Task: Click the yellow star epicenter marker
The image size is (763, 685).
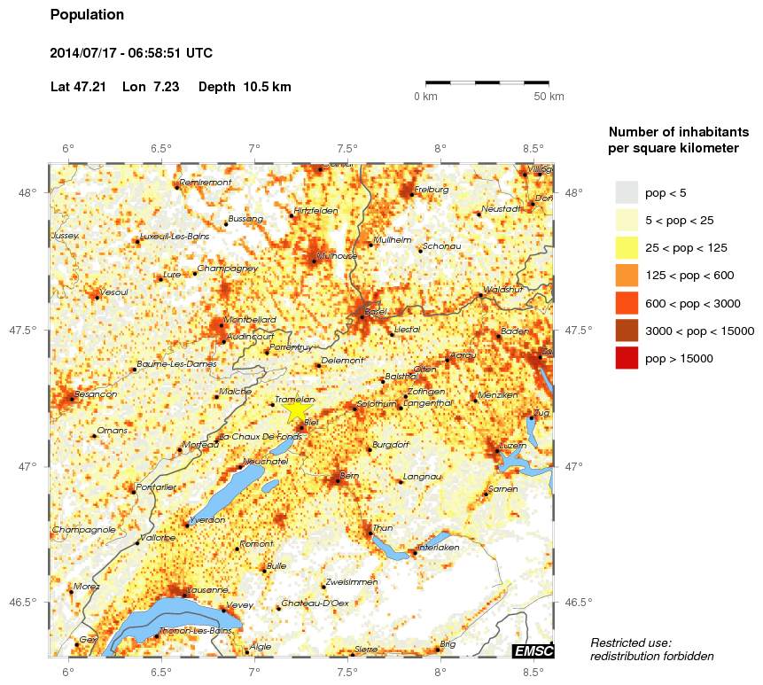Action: pyautogui.click(x=297, y=410)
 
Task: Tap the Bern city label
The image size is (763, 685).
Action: pyautogui.click(x=349, y=477)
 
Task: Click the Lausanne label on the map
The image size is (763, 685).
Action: pyautogui.click(x=209, y=589)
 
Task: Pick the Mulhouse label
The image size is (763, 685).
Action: pyautogui.click(x=336, y=255)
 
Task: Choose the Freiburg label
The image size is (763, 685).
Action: pyautogui.click(x=432, y=189)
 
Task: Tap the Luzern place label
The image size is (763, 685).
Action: pyautogui.click(x=514, y=445)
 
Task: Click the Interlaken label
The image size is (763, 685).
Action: pyautogui.click(x=440, y=548)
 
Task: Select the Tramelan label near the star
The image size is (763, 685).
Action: pyautogui.click(x=295, y=400)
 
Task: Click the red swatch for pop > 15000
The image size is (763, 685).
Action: pyautogui.click(x=627, y=358)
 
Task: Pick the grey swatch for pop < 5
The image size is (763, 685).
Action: pyautogui.click(x=627, y=192)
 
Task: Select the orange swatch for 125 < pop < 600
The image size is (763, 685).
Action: pyautogui.click(x=627, y=276)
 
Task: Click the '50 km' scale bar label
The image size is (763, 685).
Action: pyautogui.click(x=549, y=97)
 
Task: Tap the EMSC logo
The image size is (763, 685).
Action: pyautogui.click(x=533, y=651)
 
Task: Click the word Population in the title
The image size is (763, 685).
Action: pyautogui.click(x=88, y=15)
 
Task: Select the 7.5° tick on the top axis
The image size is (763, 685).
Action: pyautogui.click(x=346, y=148)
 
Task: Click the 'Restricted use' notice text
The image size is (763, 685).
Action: pyautogui.click(x=631, y=642)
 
